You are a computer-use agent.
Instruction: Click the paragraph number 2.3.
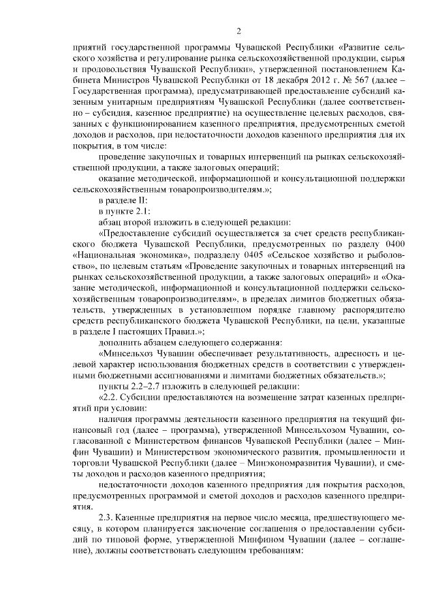click(x=108, y=517)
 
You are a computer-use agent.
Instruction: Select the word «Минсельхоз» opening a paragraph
click(x=127, y=353)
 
